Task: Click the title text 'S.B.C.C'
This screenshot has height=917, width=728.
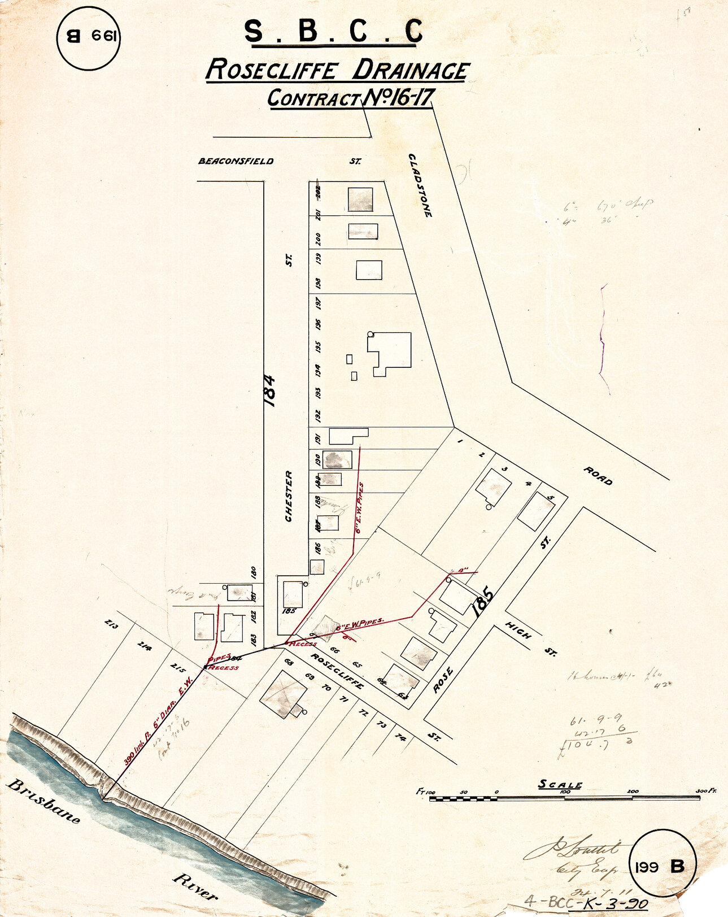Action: pos(333,32)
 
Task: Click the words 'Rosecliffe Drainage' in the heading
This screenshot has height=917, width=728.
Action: pos(337,71)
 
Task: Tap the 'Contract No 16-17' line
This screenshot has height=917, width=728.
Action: pos(350,98)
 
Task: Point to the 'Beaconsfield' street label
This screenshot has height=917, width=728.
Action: pos(236,161)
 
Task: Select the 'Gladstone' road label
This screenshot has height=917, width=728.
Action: pos(421,185)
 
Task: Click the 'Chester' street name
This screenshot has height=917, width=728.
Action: pos(289,496)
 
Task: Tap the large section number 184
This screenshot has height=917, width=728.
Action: pos(270,390)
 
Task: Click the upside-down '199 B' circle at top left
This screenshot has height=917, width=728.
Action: pos(89,38)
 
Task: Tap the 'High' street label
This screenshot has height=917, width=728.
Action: pos(518,630)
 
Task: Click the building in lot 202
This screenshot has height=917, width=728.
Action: pos(360,199)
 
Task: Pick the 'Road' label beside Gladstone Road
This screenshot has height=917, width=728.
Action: pos(598,476)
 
